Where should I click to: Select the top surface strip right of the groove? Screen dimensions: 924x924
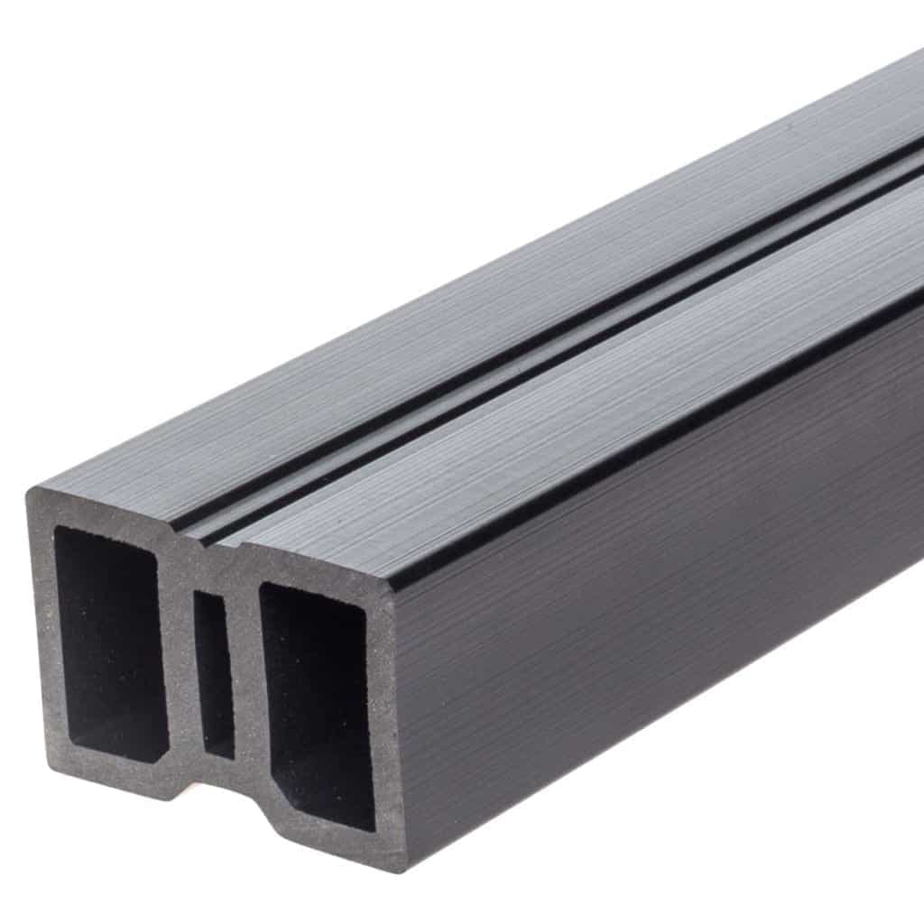587,406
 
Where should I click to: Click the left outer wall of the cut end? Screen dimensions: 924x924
42,632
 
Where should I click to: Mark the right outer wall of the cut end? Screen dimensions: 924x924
385,722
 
